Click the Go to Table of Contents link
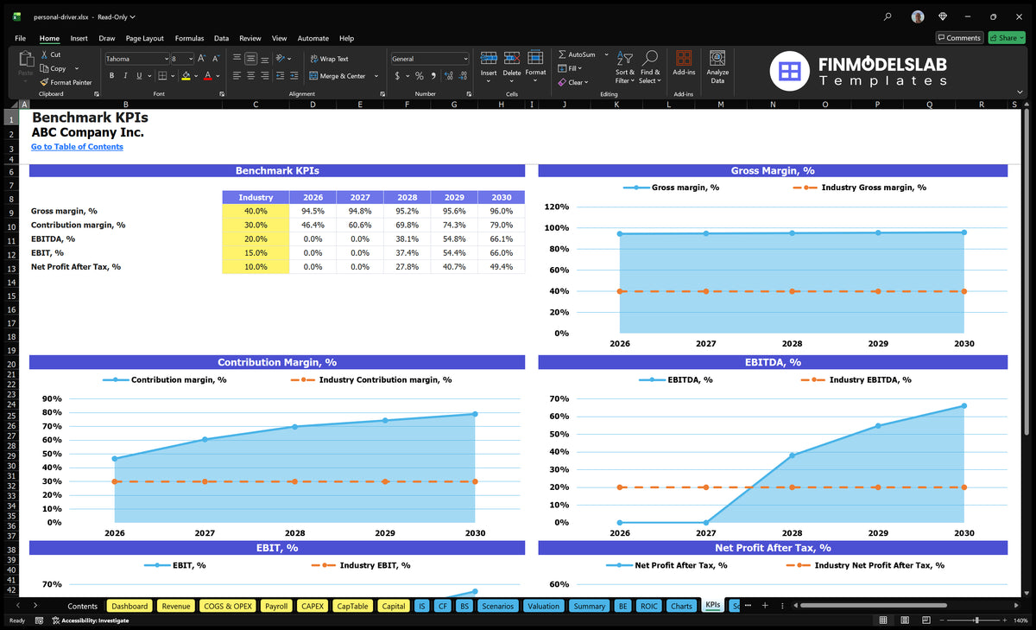tap(77, 147)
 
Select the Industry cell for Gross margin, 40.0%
tap(256, 211)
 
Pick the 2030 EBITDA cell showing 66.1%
tap(502, 239)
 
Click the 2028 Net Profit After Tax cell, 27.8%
tap(407, 267)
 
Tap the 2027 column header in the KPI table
tap(360, 197)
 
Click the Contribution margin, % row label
tap(79, 225)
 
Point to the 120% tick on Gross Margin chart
tap(556, 207)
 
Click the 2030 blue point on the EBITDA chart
tap(964, 406)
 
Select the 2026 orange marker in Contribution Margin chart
tap(115, 482)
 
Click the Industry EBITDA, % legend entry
tap(856, 380)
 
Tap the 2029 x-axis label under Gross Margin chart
tap(878, 343)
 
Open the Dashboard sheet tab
tap(129, 606)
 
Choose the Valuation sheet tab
tap(543, 606)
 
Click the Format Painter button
tap(66, 82)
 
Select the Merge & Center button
tap(338, 76)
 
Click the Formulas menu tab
tap(189, 38)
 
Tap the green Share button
tap(1007, 38)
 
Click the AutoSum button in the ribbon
tap(577, 54)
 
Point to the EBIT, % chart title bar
tap(277, 548)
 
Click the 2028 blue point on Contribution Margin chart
tap(295, 427)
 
